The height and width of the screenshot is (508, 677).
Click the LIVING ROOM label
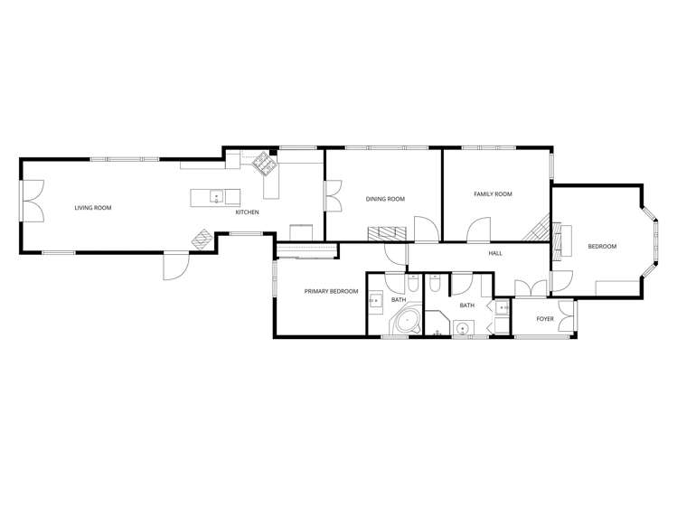93,208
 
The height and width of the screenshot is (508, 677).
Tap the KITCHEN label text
247,212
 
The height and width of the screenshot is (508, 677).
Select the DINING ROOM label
385,199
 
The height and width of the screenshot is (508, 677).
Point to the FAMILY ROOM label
493,194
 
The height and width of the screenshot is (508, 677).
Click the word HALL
494,253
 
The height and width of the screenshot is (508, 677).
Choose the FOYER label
545,319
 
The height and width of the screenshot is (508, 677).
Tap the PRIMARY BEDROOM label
331,291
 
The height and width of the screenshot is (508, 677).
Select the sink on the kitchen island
216,195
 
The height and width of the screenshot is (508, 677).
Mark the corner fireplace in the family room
541,221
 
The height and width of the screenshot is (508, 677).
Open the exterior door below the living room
174,266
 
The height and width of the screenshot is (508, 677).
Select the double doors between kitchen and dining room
333,196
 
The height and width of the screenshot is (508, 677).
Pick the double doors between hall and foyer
531,288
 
